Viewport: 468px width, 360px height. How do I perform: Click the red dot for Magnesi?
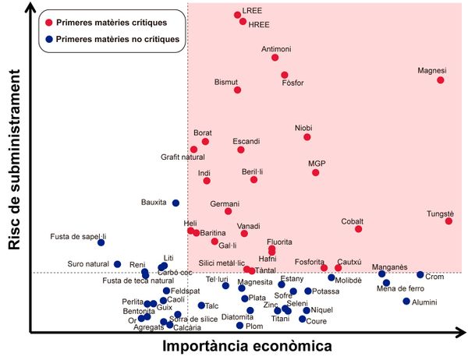tap(441, 80)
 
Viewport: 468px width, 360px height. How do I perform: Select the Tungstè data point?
tap(449, 221)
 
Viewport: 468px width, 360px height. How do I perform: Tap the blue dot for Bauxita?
tap(175, 203)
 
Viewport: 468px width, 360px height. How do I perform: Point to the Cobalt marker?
tap(359, 229)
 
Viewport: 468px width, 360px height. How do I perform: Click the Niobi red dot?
tap(307, 137)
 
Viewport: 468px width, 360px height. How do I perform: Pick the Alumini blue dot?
tap(406, 302)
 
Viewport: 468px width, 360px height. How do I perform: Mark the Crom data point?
tap(420, 275)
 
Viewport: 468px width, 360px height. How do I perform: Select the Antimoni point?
tap(275, 58)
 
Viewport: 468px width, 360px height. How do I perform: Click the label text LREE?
tap(253, 12)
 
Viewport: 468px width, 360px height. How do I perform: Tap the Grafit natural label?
tap(183, 157)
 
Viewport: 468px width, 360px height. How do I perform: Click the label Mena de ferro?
tap(400, 289)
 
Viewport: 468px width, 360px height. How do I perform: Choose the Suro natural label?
tap(87, 264)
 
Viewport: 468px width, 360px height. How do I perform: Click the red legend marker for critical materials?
tap(49, 23)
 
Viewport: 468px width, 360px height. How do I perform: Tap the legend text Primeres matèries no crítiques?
tap(117, 38)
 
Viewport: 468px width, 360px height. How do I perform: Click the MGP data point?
tap(316, 172)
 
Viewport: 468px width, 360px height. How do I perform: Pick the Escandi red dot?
tap(241, 150)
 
